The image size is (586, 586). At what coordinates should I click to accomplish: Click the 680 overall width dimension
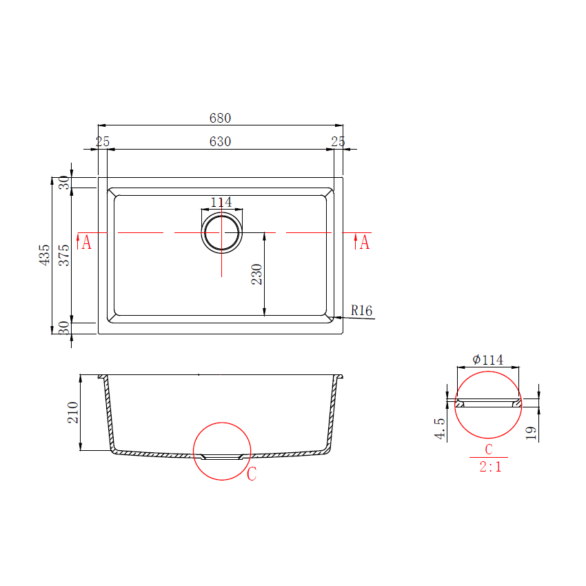pyautogui.click(x=220, y=118)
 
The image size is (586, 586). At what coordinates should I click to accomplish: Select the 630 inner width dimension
pyautogui.click(x=220, y=141)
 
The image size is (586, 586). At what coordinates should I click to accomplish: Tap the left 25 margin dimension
pyautogui.click(x=103, y=141)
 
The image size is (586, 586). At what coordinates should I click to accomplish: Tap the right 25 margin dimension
pyautogui.click(x=338, y=141)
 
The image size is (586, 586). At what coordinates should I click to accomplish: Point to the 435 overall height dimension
pyautogui.click(x=45, y=255)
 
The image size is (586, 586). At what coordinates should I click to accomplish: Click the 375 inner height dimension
pyautogui.click(x=63, y=255)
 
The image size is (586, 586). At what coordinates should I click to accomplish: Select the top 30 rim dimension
pyautogui.click(x=63, y=183)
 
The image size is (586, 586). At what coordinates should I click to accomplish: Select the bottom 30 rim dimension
pyautogui.click(x=63, y=327)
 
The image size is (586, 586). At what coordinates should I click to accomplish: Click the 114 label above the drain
pyautogui.click(x=221, y=202)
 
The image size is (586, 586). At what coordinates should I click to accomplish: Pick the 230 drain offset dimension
pyautogui.click(x=257, y=274)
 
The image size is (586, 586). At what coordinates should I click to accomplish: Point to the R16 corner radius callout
pyautogui.click(x=361, y=311)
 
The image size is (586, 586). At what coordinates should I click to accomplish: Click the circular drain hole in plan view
pyautogui.click(x=221, y=232)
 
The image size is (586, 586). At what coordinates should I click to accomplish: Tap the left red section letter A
pyautogui.click(x=86, y=243)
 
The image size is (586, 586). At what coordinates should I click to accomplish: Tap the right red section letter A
pyautogui.click(x=364, y=243)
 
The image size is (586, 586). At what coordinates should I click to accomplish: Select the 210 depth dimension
pyautogui.click(x=73, y=412)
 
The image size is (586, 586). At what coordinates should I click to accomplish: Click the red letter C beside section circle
pyautogui.click(x=252, y=474)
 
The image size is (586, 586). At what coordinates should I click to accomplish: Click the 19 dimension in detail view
pyautogui.click(x=530, y=432)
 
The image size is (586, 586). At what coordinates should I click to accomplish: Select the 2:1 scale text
pyautogui.click(x=489, y=467)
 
